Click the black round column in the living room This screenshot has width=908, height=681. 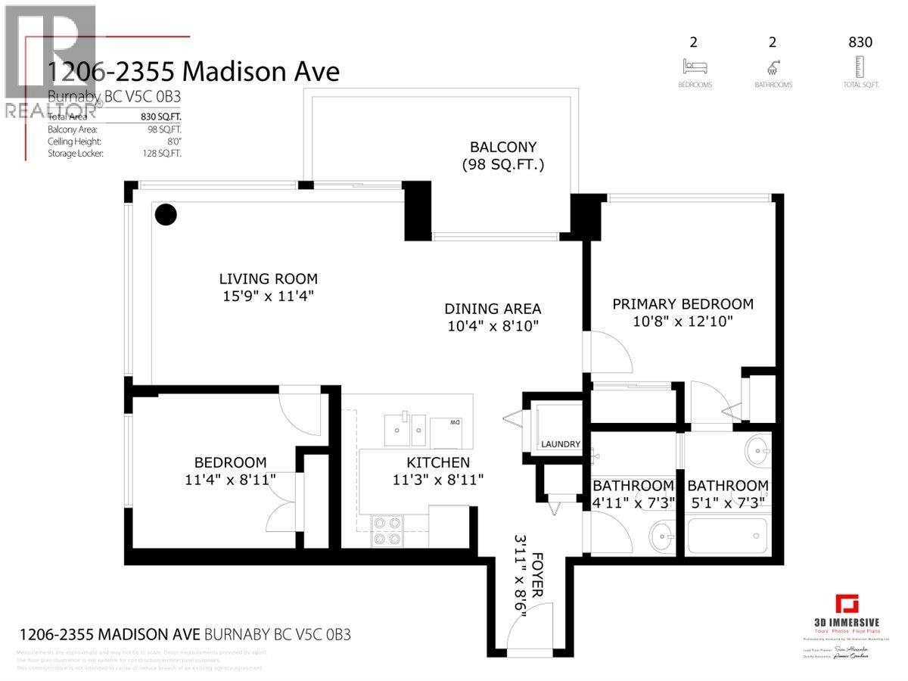(x=166, y=215)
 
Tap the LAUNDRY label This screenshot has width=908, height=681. (x=560, y=444)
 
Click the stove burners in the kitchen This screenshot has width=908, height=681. (x=387, y=530)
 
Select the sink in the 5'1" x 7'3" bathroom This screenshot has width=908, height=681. (x=756, y=452)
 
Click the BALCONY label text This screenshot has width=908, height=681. (x=503, y=147)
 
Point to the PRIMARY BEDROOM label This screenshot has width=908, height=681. (x=683, y=304)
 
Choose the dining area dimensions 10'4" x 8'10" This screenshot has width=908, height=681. (x=493, y=326)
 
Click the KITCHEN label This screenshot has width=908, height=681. (x=437, y=462)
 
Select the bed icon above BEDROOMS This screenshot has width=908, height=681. (x=695, y=66)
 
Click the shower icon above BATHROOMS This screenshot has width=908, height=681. (x=773, y=66)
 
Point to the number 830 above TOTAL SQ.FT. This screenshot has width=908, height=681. (x=860, y=42)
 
